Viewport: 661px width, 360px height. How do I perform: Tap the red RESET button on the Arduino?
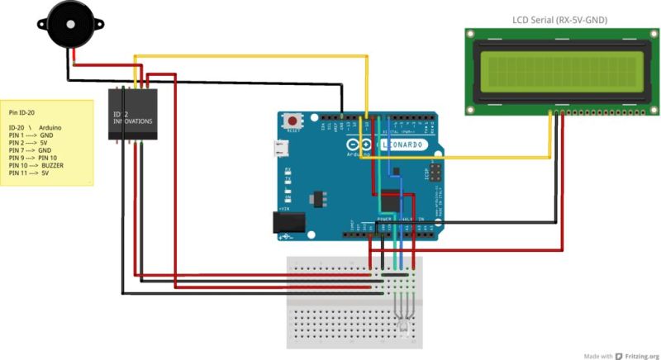click(292, 121)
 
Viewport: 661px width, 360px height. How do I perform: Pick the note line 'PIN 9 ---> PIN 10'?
click(33, 158)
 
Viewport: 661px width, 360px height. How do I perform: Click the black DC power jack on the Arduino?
click(284, 222)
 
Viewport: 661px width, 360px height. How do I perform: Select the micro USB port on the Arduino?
click(282, 149)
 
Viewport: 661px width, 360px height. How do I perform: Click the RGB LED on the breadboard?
click(402, 326)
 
